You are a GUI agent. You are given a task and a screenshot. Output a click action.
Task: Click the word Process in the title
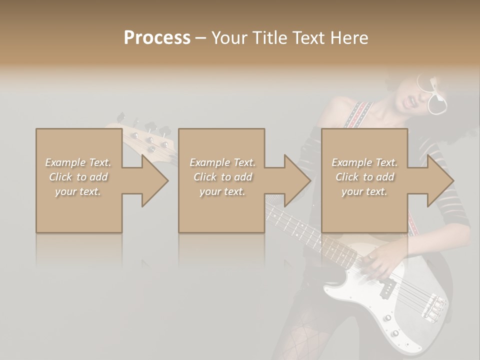pyautogui.click(x=157, y=37)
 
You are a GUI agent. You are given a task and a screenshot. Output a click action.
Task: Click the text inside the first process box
pyautogui.click(x=78, y=177)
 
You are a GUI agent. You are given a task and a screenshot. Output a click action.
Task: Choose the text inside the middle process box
pyautogui.click(x=222, y=177)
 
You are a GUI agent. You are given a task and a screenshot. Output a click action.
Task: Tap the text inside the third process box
pyautogui.click(x=364, y=177)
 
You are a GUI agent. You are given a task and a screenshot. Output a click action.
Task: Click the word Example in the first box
pyautogui.click(x=65, y=162)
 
